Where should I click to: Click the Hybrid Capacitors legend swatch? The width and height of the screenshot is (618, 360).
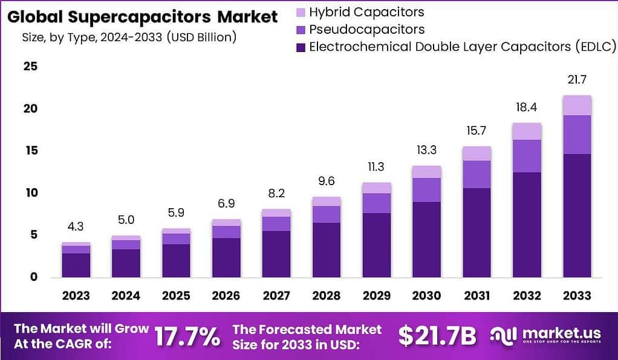point(301,12)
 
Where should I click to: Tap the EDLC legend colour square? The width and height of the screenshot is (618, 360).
point(301,47)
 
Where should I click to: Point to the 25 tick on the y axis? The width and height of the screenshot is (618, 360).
point(30,66)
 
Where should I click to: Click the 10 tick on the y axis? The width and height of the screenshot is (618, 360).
point(30,192)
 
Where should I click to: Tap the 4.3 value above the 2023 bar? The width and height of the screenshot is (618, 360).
point(76,227)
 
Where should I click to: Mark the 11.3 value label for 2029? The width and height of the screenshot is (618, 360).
point(376,167)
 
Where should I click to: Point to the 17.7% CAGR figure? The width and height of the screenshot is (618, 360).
point(187,337)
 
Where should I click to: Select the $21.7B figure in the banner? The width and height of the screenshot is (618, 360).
point(437,336)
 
